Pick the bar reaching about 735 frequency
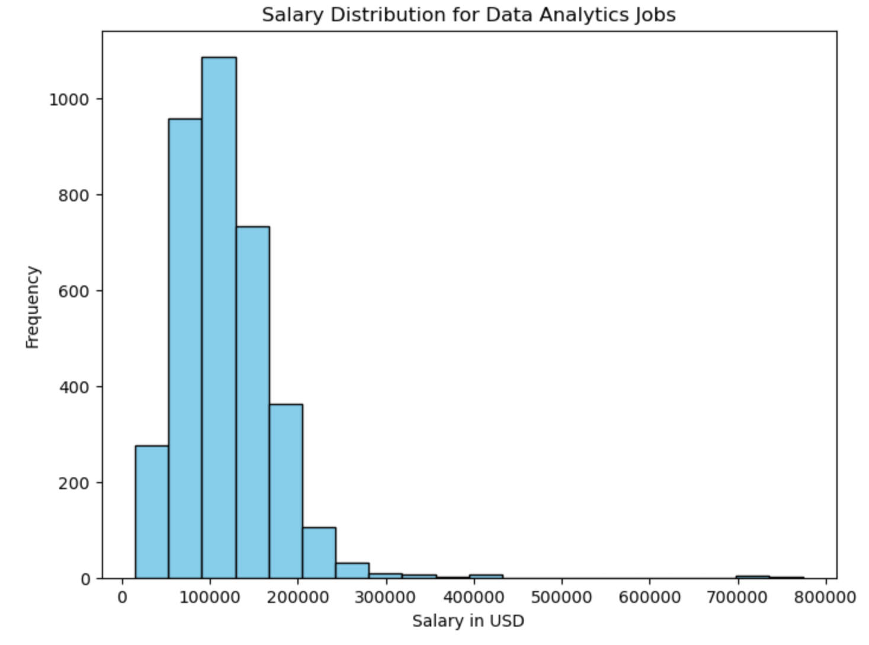coord(252,402)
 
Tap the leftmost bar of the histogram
coord(152,512)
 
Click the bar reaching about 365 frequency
coord(286,491)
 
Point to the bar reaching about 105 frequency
coord(319,553)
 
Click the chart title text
coord(469,14)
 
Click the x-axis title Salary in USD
coord(468,621)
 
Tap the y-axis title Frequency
coord(33,307)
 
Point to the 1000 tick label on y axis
coord(69,100)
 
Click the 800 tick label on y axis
coord(73,195)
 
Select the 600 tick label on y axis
coord(73,291)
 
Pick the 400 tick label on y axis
coord(73,387)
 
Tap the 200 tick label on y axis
coord(73,483)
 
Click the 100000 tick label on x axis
coord(210,597)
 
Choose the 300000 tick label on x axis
coord(386,597)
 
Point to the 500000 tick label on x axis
coord(562,597)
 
